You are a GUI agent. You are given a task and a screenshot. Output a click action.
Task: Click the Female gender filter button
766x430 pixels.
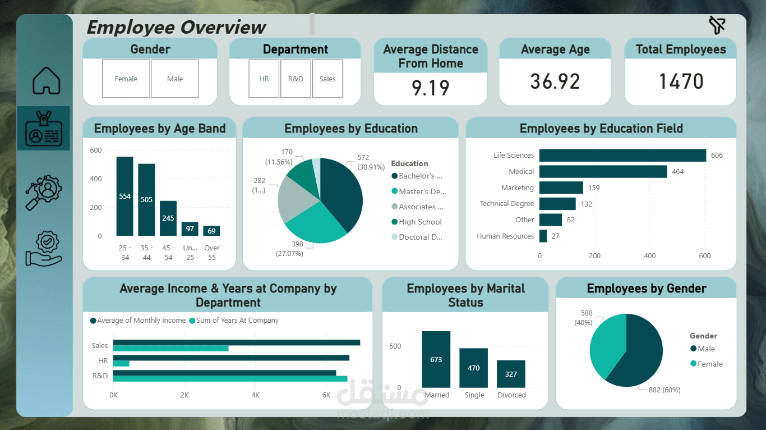(126, 79)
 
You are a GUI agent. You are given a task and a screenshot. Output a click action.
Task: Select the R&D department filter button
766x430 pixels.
(296, 79)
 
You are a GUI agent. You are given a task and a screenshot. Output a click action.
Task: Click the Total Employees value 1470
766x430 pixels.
(681, 82)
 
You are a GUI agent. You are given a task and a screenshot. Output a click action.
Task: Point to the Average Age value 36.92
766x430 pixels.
(555, 82)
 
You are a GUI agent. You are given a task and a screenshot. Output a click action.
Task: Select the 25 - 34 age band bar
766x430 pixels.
(124, 196)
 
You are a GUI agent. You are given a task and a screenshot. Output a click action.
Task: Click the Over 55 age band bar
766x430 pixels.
(211, 231)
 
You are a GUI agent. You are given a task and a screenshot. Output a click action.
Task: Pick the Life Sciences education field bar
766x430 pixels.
(622, 155)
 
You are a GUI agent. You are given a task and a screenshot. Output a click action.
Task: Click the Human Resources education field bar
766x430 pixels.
(543, 236)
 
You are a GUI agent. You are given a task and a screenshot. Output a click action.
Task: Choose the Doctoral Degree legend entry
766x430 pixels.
(421, 237)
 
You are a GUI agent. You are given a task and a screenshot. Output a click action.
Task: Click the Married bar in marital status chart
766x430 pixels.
(436, 359)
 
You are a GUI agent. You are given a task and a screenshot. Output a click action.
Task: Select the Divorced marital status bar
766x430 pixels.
(511, 374)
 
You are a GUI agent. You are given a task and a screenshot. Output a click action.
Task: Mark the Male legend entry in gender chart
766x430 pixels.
(706, 349)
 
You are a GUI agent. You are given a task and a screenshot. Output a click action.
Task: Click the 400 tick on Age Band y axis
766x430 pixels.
(96, 179)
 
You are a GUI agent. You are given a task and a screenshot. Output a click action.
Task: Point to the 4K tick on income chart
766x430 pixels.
(256, 395)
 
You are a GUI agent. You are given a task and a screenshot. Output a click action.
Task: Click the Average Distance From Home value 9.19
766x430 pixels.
(431, 88)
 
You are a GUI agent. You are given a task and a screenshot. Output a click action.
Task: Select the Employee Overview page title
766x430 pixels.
(176, 27)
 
